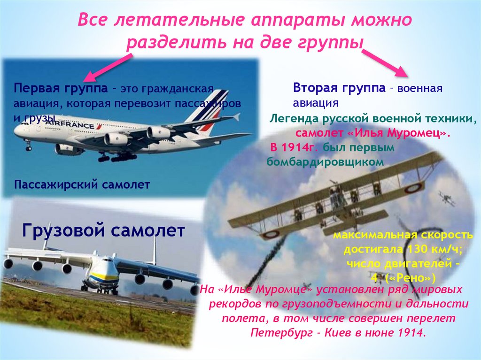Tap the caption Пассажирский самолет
[x=82, y=184]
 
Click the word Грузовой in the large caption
[x=63, y=230]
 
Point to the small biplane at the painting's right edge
[x=447, y=199]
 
